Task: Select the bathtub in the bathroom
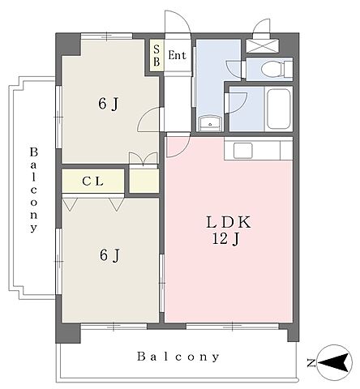pyautogui.click(x=279, y=109)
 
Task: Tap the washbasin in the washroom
pyautogui.click(x=210, y=124)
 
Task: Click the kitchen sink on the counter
pyautogui.click(x=243, y=151)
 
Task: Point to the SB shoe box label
pyautogui.click(x=156, y=56)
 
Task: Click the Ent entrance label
pyautogui.click(x=177, y=55)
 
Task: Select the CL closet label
pyautogui.click(x=92, y=182)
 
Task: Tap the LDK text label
pyautogui.click(x=229, y=222)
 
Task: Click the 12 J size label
pyautogui.click(x=225, y=239)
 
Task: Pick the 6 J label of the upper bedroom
pyautogui.click(x=109, y=104)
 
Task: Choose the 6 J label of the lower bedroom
pyautogui.click(x=109, y=255)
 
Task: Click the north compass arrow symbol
pyautogui.click(x=334, y=362)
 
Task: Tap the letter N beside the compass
pyautogui.click(x=311, y=363)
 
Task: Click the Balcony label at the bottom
pyautogui.click(x=178, y=357)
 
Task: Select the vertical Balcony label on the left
pyautogui.click(x=33, y=190)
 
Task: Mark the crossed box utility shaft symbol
pyautogui.click(x=263, y=45)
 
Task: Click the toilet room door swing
pyautogui.click(x=235, y=70)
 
